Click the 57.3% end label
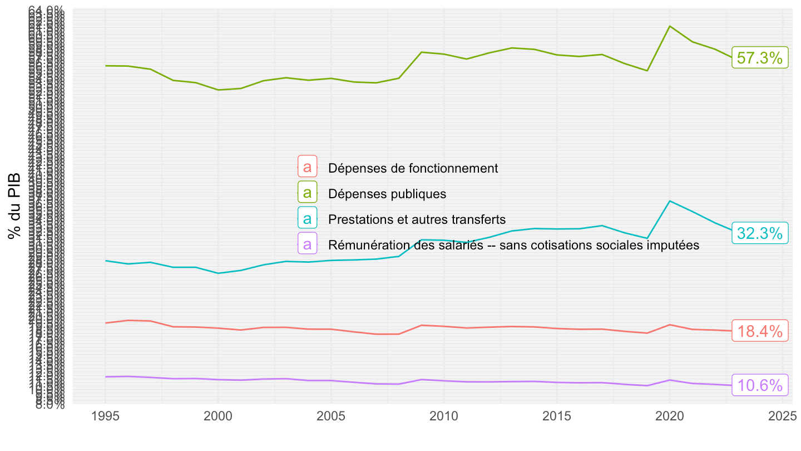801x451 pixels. pyautogui.click(x=760, y=58)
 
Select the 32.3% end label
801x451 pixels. pyautogui.click(x=760, y=233)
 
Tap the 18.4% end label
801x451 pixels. pyautogui.click(x=760, y=331)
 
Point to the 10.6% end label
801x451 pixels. pyautogui.click(x=760, y=385)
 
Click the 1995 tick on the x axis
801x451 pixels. pyautogui.click(x=105, y=417)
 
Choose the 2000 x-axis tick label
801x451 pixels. pyautogui.click(x=218, y=417)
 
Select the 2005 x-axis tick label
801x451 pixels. pyautogui.click(x=331, y=417)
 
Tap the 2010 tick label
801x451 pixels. pyautogui.click(x=444, y=417)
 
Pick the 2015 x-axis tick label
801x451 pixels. pyautogui.click(x=556, y=417)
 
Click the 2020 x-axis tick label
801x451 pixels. pyautogui.click(x=669, y=417)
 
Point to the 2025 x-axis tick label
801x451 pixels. pyautogui.click(x=782, y=417)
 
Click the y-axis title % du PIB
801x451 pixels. pyautogui.click(x=15, y=206)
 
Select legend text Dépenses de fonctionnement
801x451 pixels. pyautogui.click(x=413, y=168)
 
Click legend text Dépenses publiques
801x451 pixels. pyautogui.click(x=387, y=194)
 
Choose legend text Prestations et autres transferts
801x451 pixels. pyautogui.click(x=417, y=219)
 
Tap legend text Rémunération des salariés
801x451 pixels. pyautogui.click(x=513, y=245)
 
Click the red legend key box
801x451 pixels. pyautogui.click(x=307, y=166)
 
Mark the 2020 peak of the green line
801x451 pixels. pyautogui.click(x=670, y=26)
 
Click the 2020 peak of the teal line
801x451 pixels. pyautogui.click(x=670, y=201)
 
